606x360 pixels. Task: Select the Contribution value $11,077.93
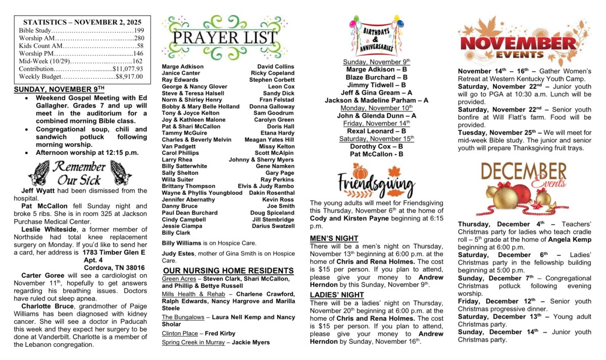pyautogui.click(x=128, y=69)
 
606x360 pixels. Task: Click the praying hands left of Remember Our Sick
pyautogui.click(x=38, y=173)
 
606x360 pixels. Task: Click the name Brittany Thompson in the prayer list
pyautogui.click(x=188, y=186)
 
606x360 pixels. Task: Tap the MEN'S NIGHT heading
pyautogui.click(x=334, y=238)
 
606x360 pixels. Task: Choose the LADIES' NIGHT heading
pyautogui.click(x=337, y=295)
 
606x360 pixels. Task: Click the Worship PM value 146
pyautogui.click(x=138, y=54)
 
